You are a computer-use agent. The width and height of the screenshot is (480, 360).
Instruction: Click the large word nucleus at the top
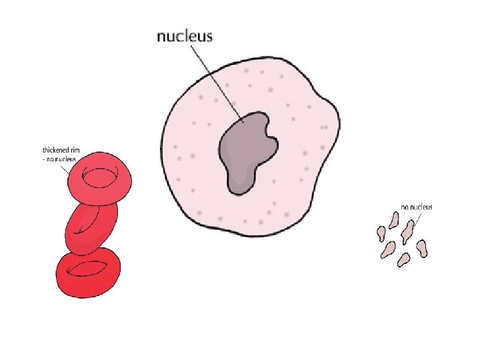(185, 36)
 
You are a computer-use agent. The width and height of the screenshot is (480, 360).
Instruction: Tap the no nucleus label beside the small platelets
(416, 207)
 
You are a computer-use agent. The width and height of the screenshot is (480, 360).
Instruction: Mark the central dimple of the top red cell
(100, 176)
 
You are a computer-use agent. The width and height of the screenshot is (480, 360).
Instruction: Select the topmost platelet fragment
(395, 218)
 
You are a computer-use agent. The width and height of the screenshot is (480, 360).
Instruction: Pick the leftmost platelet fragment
(381, 234)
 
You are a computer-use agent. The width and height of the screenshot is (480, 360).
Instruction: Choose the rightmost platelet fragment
(421, 248)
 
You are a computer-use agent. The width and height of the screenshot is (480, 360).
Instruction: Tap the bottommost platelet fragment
(403, 259)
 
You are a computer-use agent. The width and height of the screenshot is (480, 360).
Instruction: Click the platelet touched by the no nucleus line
(407, 231)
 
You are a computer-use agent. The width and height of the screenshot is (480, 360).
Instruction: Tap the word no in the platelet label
(404, 207)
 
